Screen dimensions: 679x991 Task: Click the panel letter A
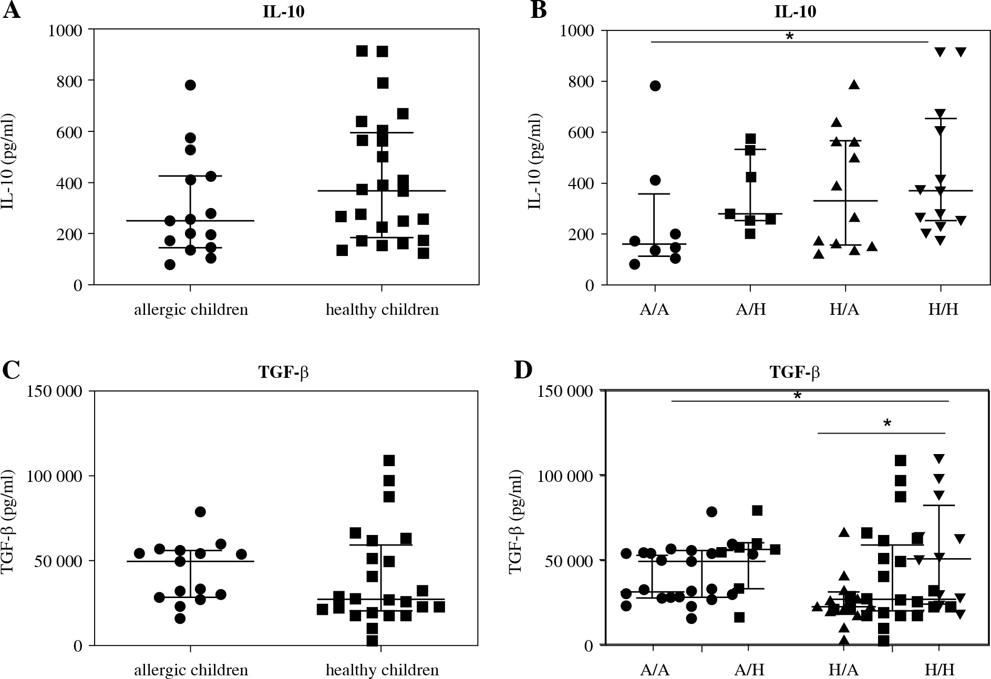coord(12,11)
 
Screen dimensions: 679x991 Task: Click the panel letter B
coord(539,11)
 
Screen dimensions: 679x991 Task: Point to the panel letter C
coord(11,370)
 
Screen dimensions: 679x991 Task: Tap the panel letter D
coord(523,370)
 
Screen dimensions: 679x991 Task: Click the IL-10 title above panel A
coord(284,12)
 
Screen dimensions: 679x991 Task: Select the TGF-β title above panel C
coord(283,372)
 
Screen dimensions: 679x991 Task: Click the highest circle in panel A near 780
coord(190,85)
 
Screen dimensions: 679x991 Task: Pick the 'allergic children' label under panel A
coord(191,310)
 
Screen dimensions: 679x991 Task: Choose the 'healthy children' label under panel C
coord(382,671)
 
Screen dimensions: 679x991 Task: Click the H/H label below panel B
coord(943,310)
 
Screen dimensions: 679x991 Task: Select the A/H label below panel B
coord(750,310)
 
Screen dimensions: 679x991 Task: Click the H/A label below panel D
coord(844,671)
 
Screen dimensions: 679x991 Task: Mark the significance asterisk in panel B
coord(789,37)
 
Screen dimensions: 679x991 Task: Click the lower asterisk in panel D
coord(887,424)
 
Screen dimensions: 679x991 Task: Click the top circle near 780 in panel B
coord(655,86)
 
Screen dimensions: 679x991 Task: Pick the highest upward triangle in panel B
coord(854,85)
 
